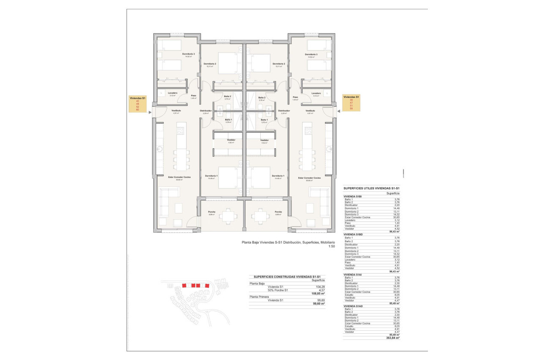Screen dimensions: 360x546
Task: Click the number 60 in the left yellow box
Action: [137, 110]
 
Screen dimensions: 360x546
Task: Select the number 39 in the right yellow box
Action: [351, 100]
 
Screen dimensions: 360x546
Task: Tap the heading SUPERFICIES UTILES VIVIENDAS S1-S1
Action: [372, 188]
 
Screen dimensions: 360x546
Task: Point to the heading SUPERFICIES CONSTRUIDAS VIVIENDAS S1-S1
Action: [287, 276]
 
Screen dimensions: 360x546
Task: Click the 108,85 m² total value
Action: [318, 294]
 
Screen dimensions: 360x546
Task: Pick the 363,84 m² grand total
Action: [393, 338]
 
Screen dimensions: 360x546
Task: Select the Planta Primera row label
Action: [259, 297]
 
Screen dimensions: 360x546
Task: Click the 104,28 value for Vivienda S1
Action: [320, 287]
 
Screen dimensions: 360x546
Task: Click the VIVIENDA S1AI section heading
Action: [353, 274]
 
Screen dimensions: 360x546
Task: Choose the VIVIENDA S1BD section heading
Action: [353, 234]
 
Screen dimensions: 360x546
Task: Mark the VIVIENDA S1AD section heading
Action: [353, 306]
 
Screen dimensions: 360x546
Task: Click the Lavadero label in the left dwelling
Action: [172, 93]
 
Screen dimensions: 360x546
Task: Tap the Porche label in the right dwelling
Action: [278, 212]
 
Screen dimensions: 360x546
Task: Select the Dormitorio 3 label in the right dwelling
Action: [311, 54]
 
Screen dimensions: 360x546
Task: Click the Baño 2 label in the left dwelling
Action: [227, 97]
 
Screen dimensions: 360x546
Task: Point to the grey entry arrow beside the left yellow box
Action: [150, 113]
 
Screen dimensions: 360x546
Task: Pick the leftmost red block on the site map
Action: [184, 285]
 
